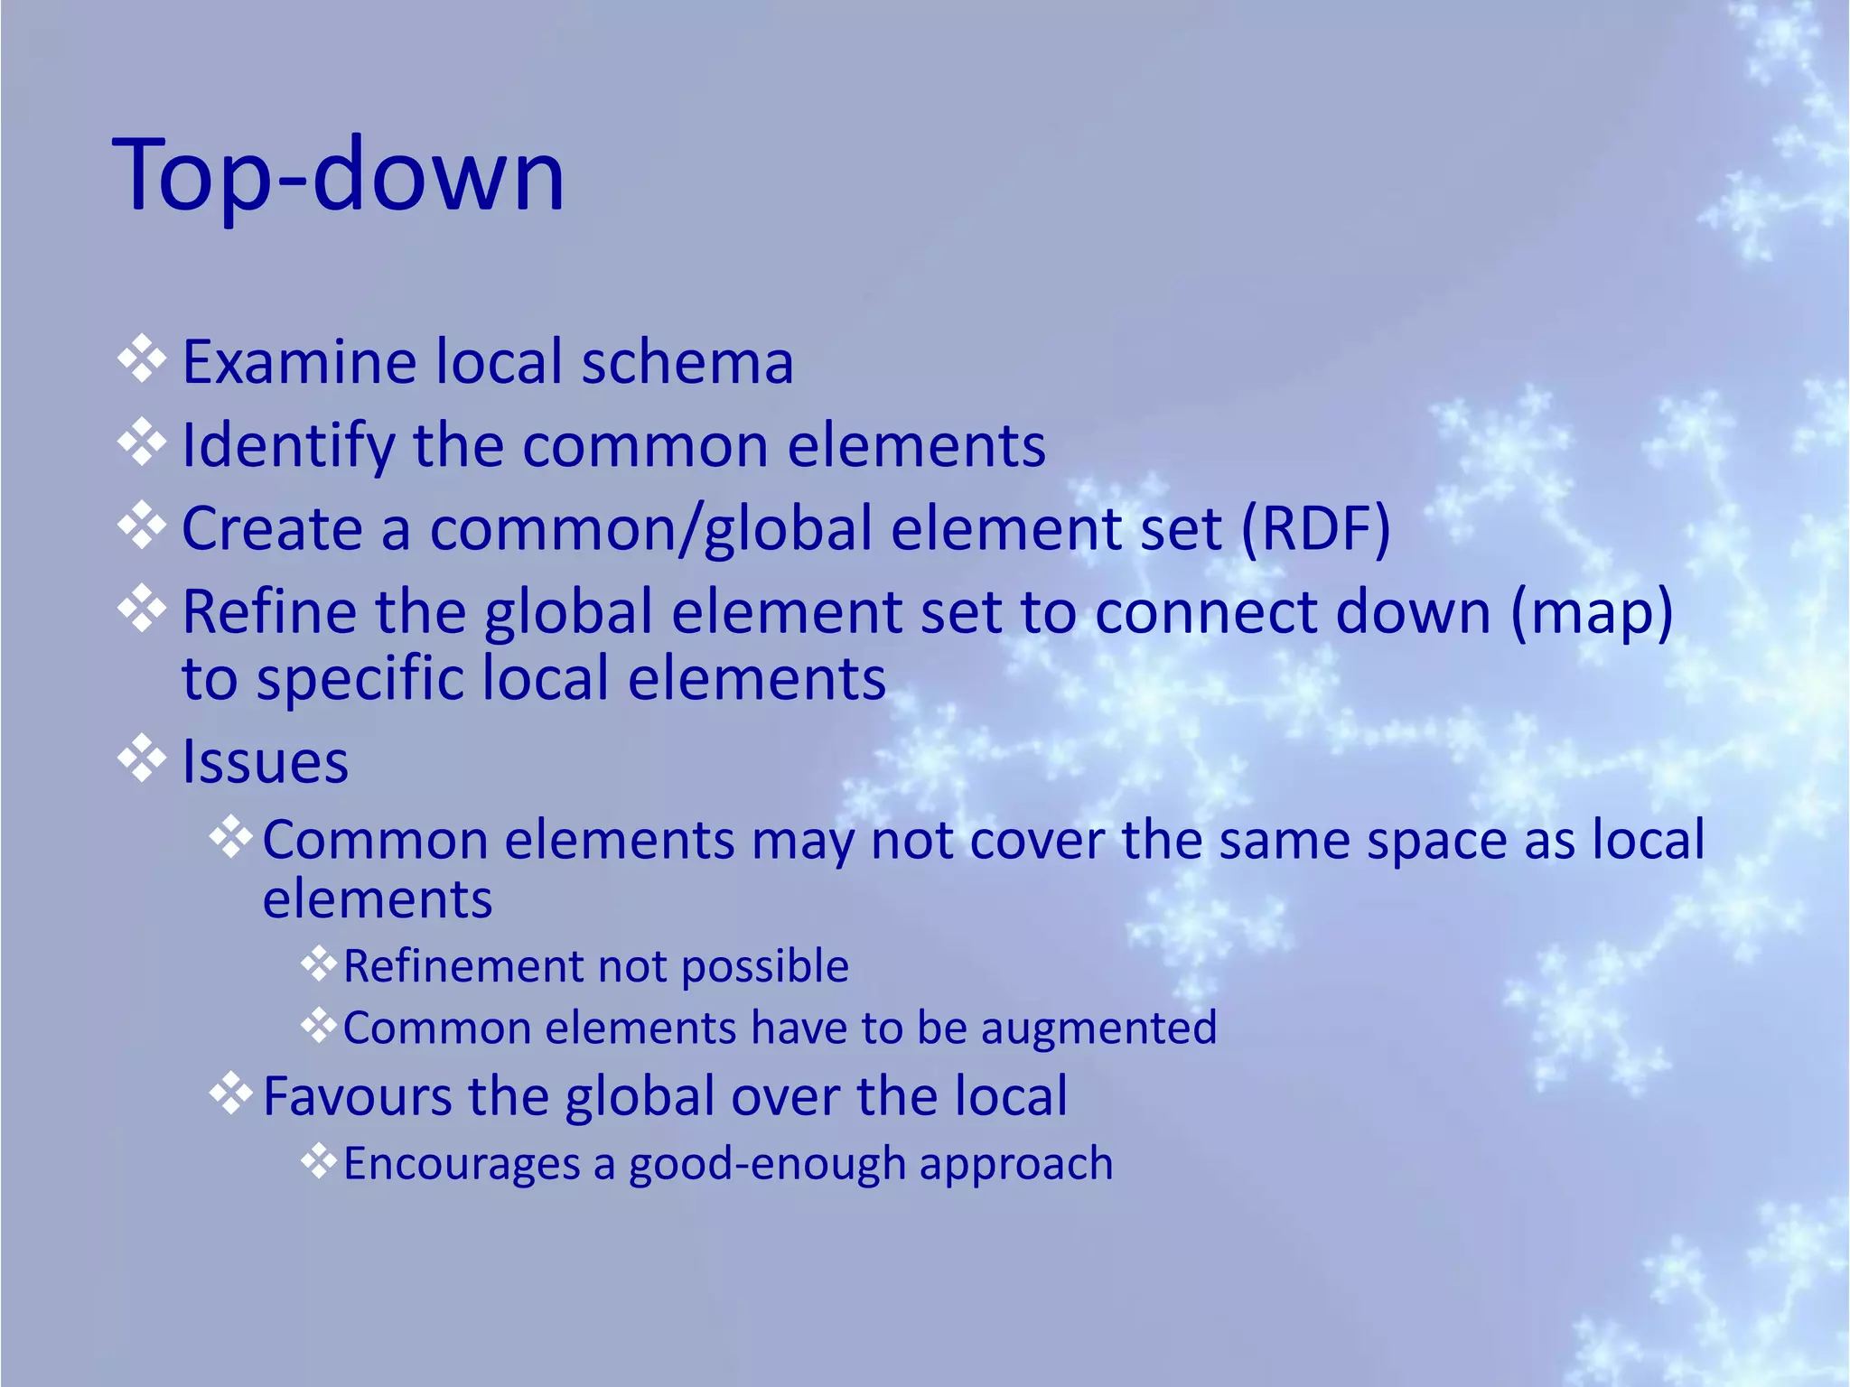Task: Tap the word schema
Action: click(x=687, y=362)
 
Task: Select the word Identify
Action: click(x=288, y=446)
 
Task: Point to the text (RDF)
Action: click(x=1315, y=528)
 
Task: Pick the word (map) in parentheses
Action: click(x=1591, y=612)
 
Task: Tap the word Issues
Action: click(x=265, y=762)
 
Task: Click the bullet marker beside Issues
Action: click(x=142, y=759)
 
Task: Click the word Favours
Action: click(x=356, y=1096)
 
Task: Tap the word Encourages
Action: click(x=462, y=1163)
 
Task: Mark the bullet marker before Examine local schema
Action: click(x=142, y=359)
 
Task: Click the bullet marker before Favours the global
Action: click(x=231, y=1094)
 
